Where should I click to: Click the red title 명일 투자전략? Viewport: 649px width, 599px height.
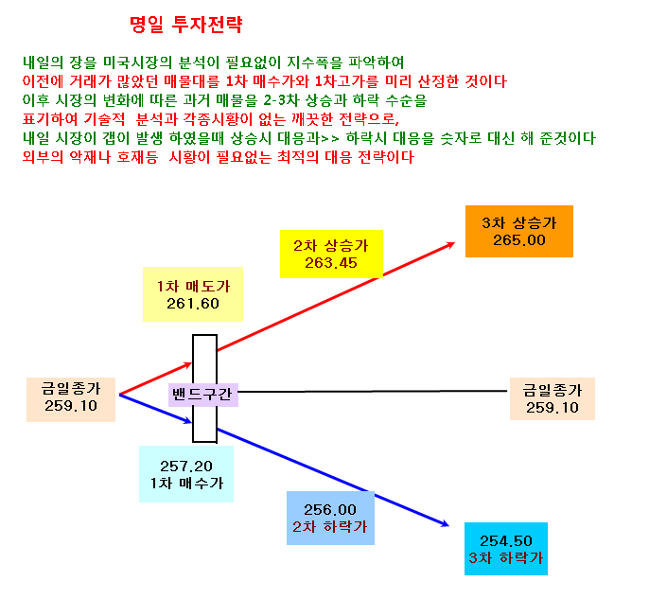(x=185, y=25)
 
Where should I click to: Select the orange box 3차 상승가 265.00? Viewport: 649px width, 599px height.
(x=519, y=231)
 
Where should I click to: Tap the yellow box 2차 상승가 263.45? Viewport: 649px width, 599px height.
(x=331, y=254)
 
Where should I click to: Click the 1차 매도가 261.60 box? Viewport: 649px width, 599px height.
(x=192, y=294)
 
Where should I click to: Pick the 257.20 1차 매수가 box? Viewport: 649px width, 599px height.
(x=186, y=473)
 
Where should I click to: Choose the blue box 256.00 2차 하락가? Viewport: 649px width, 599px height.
(x=330, y=518)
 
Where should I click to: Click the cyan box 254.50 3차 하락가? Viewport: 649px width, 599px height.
(x=506, y=549)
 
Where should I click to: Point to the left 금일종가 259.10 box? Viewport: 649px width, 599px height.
(x=71, y=399)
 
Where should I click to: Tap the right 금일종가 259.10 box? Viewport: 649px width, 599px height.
(x=553, y=398)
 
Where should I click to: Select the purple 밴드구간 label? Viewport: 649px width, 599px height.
(x=202, y=394)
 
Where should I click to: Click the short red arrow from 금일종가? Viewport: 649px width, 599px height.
(x=155, y=379)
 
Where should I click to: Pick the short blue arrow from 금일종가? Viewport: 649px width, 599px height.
(x=155, y=409)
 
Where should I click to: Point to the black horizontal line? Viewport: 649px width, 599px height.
(x=373, y=391)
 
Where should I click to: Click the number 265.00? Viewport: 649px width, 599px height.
(x=519, y=240)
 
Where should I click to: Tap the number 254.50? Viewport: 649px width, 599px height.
(x=506, y=540)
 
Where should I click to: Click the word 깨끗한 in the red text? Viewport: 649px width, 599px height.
(x=312, y=119)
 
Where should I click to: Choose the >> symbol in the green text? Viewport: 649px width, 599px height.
(x=330, y=139)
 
